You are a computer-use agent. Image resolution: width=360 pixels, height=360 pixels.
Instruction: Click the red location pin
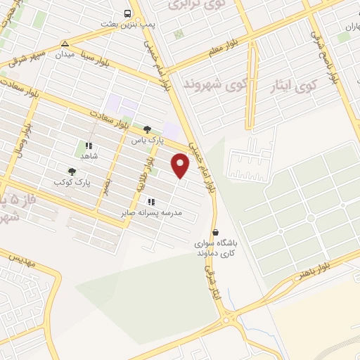coord(181,165)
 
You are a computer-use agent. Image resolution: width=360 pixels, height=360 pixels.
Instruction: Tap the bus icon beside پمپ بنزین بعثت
coord(127,13)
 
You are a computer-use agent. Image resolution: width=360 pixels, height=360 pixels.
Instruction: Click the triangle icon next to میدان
coord(65,42)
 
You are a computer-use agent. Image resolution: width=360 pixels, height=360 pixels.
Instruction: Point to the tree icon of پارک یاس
coord(146,129)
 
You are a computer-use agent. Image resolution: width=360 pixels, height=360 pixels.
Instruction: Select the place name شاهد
coord(89,157)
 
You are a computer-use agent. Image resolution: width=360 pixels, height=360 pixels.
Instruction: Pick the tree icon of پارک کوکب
coord(72,171)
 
